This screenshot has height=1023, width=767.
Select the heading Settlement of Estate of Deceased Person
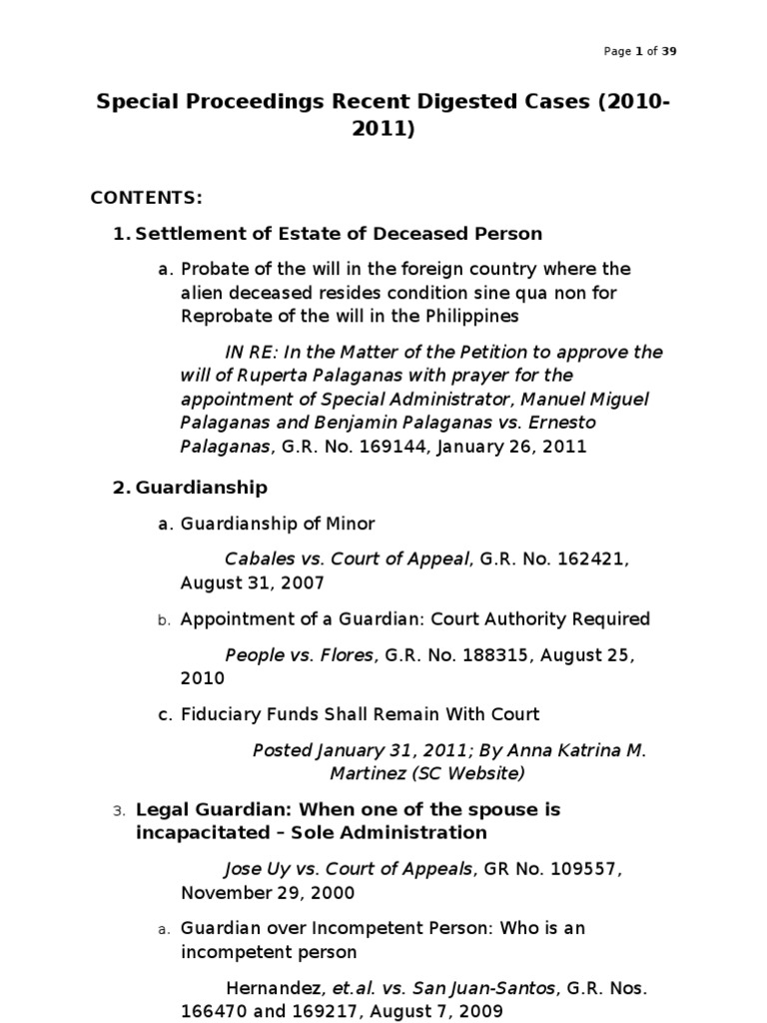click(339, 234)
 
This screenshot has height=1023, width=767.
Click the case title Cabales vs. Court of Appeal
click(347, 559)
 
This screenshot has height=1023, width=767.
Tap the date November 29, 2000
click(267, 892)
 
